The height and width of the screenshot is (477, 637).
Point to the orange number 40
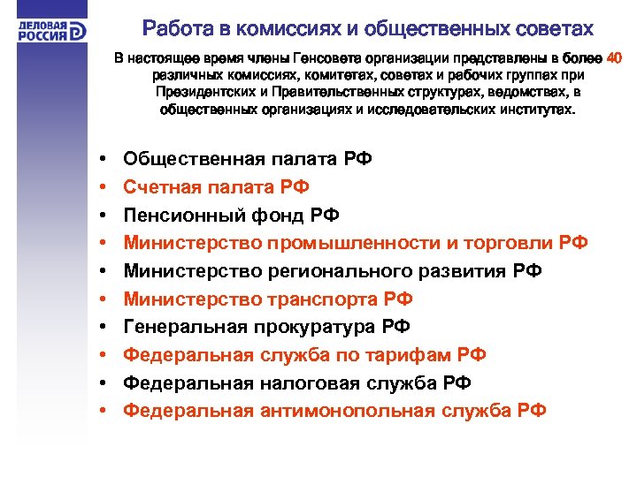pos(615,59)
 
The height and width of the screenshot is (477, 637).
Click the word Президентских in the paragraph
pos(201,93)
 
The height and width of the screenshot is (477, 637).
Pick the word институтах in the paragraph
pos(531,110)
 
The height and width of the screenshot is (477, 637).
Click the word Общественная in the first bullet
pos(188,159)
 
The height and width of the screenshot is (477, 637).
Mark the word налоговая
pos(310,382)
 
